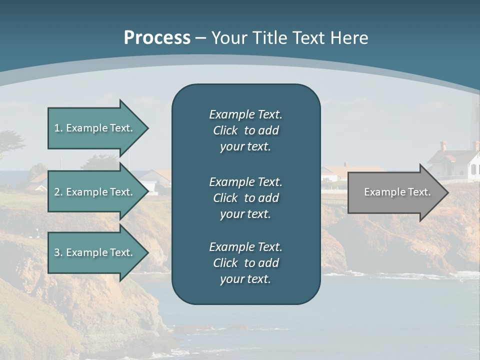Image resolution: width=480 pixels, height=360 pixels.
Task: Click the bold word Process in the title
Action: (x=157, y=38)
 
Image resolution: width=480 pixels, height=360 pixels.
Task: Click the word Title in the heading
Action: (x=273, y=38)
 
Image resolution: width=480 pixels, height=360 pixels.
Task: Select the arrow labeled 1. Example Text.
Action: (x=95, y=128)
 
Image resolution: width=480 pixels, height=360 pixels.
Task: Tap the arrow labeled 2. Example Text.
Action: (x=95, y=192)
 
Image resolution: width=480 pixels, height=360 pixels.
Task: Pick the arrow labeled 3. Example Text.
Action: (x=95, y=252)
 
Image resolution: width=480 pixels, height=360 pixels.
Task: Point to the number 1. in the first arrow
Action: (x=58, y=128)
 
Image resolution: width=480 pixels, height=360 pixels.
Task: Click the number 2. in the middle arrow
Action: (x=58, y=192)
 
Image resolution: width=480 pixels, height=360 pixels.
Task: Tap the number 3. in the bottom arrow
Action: (x=58, y=252)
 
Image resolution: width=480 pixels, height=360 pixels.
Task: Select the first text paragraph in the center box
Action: (x=245, y=130)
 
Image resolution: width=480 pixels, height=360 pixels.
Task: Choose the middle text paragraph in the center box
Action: (x=245, y=197)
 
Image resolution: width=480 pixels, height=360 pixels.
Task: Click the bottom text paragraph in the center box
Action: (x=245, y=263)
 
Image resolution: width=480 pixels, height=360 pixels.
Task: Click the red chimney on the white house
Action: (x=443, y=146)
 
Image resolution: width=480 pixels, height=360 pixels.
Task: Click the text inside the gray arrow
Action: (x=397, y=192)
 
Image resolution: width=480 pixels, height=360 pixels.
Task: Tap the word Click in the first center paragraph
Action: (x=225, y=130)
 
